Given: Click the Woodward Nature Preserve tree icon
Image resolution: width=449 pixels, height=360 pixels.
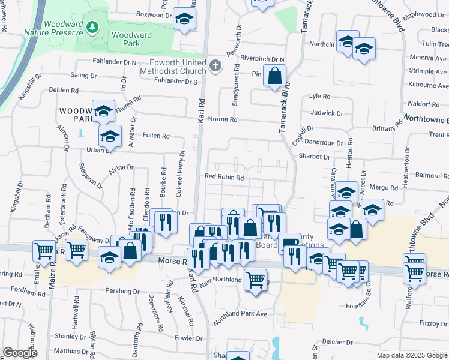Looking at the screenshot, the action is coord(92,27).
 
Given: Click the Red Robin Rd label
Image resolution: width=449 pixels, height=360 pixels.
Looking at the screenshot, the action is coord(224,177).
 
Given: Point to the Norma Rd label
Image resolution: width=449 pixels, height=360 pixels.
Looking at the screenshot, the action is coord(223,119).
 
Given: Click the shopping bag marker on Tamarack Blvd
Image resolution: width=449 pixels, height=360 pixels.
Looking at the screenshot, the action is coord(274,76).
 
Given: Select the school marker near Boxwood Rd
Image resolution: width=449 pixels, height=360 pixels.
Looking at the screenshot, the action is coord(185,18).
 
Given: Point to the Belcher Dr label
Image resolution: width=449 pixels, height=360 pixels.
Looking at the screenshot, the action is coord(336,341).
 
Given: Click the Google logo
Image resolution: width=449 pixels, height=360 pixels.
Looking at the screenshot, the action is coord(20,353).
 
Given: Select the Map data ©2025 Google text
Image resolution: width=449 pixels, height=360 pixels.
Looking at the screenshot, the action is coord(412,355).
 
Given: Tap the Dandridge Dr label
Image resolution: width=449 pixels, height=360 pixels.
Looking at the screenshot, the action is coord(323,143).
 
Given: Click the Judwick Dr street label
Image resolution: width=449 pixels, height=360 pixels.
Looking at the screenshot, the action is coord(327,113).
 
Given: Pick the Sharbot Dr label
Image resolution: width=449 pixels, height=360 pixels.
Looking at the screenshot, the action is coord(314,157).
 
